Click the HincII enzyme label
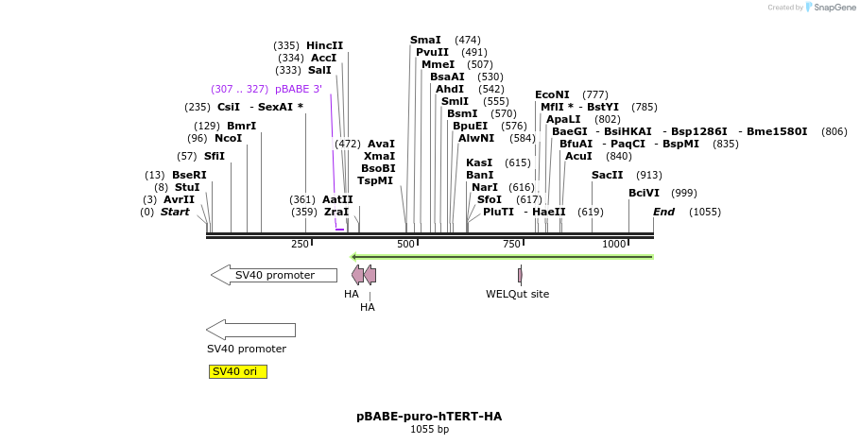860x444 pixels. [x=324, y=45]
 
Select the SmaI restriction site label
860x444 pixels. [x=425, y=40]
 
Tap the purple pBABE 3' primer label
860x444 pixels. [x=298, y=89]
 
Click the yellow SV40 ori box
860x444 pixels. [x=237, y=371]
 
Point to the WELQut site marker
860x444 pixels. [x=520, y=275]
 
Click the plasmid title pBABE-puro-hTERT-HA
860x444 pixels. [x=429, y=416]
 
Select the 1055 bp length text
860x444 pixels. [x=429, y=430]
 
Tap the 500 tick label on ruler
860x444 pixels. [x=405, y=245]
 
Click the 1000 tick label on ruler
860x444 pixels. [x=614, y=245]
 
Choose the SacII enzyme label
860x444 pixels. [x=607, y=175]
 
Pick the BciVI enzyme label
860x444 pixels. [x=644, y=193]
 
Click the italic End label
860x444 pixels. [x=663, y=212]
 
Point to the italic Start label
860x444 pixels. [x=175, y=212]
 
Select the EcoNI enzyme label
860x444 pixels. [x=552, y=94]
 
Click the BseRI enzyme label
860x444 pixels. [x=189, y=175]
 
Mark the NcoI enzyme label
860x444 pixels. [x=228, y=138]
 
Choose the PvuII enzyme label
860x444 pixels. [x=432, y=52]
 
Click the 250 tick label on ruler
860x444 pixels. [x=300, y=245]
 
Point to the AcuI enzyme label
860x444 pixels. [x=578, y=156]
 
